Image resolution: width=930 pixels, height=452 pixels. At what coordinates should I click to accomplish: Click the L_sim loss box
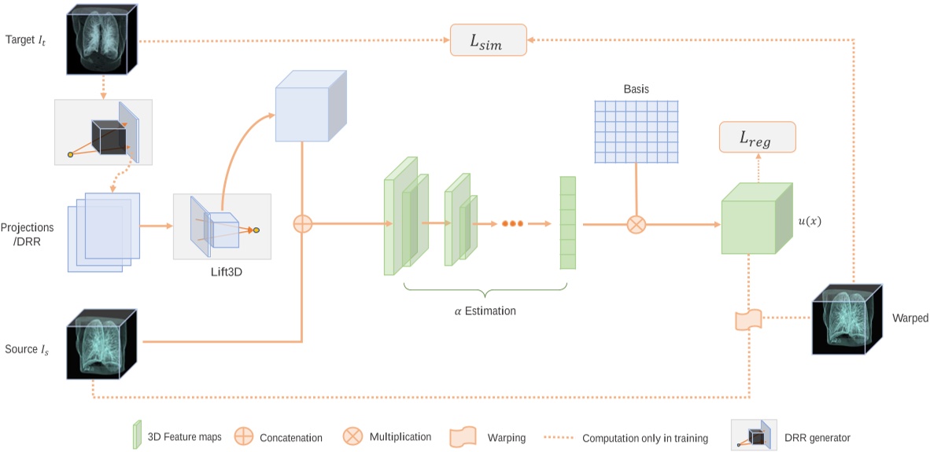click(x=488, y=40)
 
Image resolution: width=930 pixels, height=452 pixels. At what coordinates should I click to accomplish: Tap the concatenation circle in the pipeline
click(x=303, y=224)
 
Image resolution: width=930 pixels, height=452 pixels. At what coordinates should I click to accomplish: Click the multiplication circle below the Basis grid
click(x=636, y=225)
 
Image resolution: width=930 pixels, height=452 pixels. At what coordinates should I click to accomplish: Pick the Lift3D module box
click(x=222, y=226)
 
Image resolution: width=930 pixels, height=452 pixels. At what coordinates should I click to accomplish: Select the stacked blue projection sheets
click(x=103, y=232)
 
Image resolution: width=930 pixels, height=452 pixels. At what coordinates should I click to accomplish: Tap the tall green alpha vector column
click(x=567, y=223)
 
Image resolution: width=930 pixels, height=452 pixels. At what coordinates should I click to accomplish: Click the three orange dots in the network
click(x=512, y=224)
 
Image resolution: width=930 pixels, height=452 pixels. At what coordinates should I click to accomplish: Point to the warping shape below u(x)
click(x=747, y=320)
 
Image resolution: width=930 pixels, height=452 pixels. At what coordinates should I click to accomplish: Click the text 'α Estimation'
click(x=485, y=311)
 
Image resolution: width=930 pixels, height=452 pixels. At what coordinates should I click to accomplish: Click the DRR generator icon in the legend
click(x=754, y=435)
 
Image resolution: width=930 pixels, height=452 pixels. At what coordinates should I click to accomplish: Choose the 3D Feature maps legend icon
click(x=136, y=435)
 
